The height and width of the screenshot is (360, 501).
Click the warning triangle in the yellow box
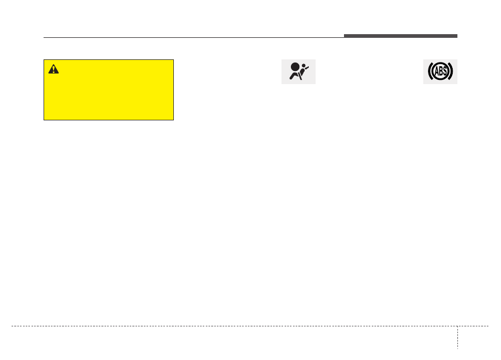coord(54,69)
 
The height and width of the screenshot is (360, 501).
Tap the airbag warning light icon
coord(298,71)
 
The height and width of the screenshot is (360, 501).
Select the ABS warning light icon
coord(440,71)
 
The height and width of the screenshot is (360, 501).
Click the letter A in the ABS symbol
coord(436,71)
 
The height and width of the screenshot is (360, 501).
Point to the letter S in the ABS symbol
coord(445,71)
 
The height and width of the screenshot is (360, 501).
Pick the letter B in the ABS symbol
coord(440,71)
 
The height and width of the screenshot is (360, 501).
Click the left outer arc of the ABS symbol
coord(430,71)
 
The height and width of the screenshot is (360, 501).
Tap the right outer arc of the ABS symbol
coord(451,71)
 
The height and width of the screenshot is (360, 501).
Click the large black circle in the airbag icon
coord(296,67)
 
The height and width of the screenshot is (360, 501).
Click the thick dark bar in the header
coord(400,36)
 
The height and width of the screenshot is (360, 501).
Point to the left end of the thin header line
coord(44,37)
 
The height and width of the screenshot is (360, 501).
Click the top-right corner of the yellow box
coord(173,59)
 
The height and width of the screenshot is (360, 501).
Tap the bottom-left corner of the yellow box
coord(44,120)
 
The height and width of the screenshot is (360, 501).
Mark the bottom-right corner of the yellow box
coord(173,120)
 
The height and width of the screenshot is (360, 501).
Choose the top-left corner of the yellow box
coord(44,59)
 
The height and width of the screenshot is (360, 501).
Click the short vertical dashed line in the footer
coord(457,337)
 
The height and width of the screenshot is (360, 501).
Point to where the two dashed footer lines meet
coord(457,326)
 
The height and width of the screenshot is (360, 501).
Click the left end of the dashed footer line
coord(12,326)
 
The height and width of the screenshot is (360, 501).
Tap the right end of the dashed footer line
coord(488,326)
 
